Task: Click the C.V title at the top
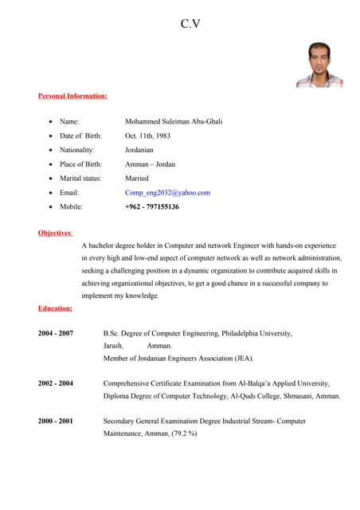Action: [190, 24]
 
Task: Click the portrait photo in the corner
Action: [319, 65]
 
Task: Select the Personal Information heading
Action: [72, 96]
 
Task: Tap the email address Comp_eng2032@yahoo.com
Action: [167, 193]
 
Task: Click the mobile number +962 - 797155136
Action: [152, 207]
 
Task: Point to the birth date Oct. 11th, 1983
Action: [147, 135]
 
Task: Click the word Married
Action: [137, 178]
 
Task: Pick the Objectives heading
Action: [55, 233]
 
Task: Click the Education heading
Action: [55, 308]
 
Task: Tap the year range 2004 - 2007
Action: [56, 333]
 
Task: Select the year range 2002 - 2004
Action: [56, 383]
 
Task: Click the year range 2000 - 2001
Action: [56, 421]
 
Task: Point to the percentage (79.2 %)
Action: [180, 433]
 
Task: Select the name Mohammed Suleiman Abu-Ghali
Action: [174, 121]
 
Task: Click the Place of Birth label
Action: [80, 164]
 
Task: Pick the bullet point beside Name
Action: [51, 122]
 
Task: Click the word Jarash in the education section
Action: [113, 346]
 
